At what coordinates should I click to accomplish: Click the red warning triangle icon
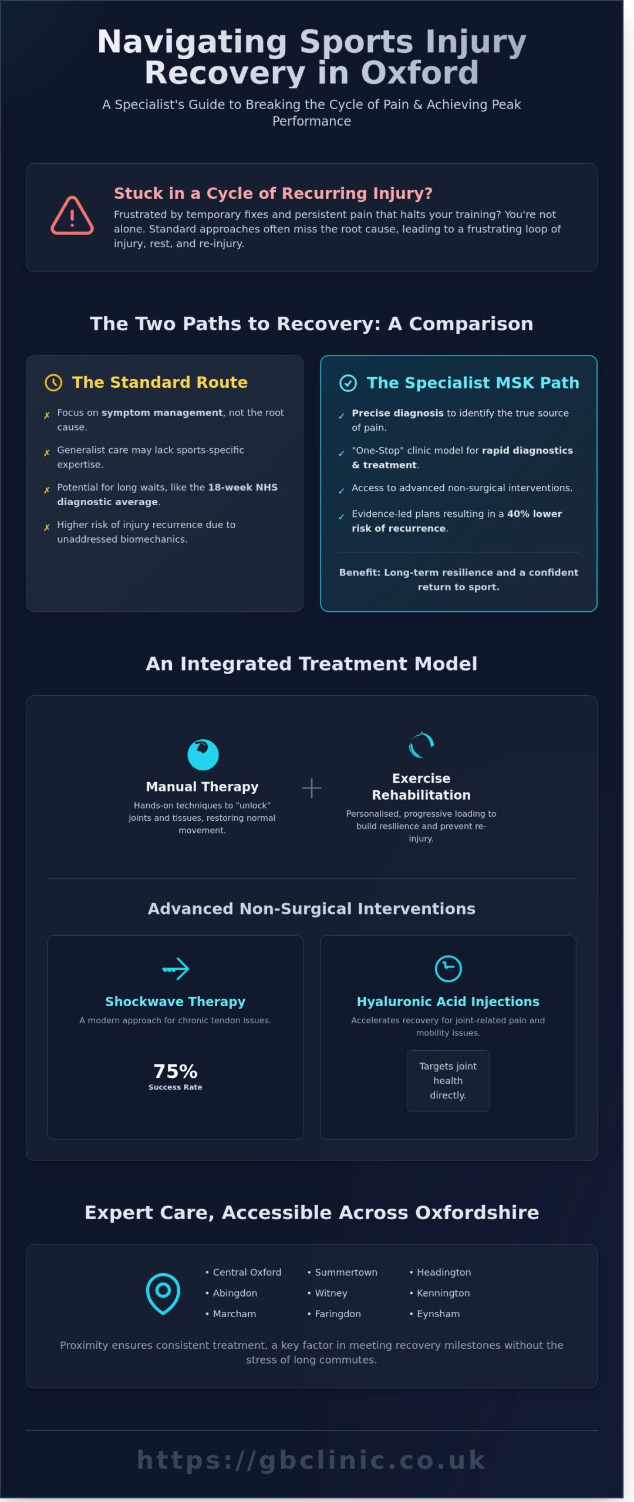72,216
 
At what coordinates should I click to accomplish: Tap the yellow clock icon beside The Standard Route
53,383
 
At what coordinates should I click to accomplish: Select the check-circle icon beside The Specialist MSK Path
348,383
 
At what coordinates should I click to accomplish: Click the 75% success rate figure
175,1071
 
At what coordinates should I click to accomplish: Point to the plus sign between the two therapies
311,788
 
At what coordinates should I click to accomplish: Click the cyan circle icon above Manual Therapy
203,755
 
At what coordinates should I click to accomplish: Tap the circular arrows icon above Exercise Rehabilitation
421,746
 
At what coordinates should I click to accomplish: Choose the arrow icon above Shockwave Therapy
176,969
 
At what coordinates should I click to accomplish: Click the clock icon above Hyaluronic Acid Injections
448,969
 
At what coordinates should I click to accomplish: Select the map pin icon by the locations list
163,1293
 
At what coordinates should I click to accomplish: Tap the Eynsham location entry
438,1314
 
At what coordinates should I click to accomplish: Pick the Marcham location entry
234,1314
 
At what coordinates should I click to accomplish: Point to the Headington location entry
443,1272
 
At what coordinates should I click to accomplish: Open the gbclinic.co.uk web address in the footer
311,1460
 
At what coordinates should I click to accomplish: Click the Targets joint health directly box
448,1080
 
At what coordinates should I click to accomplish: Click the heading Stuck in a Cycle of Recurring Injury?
273,193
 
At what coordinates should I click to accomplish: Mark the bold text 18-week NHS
242,487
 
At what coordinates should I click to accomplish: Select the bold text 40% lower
534,513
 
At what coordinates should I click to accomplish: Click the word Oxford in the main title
419,73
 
